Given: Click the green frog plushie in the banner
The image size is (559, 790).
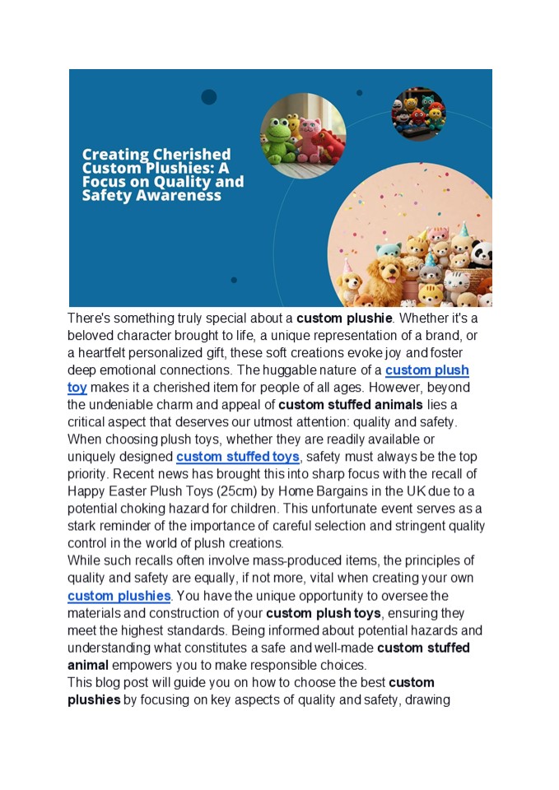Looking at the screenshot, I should pyautogui.click(x=280, y=142).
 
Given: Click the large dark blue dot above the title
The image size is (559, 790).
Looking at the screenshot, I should pyautogui.click(x=209, y=97).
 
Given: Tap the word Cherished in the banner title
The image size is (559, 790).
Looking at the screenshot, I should pyautogui.click(x=192, y=154).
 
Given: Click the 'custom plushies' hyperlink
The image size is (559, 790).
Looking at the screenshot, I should pyautogui.click(x=119, y=596).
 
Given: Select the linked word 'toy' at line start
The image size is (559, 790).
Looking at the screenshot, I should pyautogui.click(x=77, y=388).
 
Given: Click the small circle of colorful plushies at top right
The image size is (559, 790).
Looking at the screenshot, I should pyautogui.click(x=418, y=114).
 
